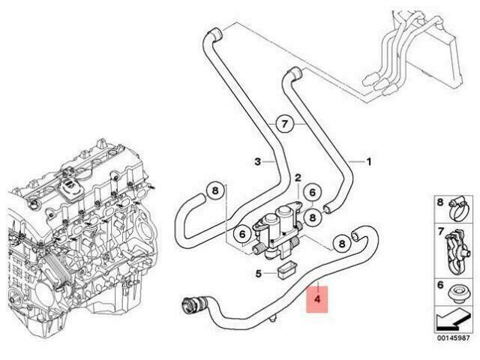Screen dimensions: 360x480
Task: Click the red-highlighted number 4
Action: pos(317,299)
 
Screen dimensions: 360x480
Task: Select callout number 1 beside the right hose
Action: pos(368,160)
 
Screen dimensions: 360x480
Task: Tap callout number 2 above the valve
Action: pos(298,178)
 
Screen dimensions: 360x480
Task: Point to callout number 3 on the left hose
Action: pos(257,160)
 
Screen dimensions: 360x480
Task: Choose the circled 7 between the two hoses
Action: pos(284,124)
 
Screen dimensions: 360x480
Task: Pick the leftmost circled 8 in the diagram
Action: pos(214,192)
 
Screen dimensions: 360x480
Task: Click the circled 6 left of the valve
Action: pos(241,234)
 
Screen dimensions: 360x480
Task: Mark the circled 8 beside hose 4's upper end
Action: pos(341,242)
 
